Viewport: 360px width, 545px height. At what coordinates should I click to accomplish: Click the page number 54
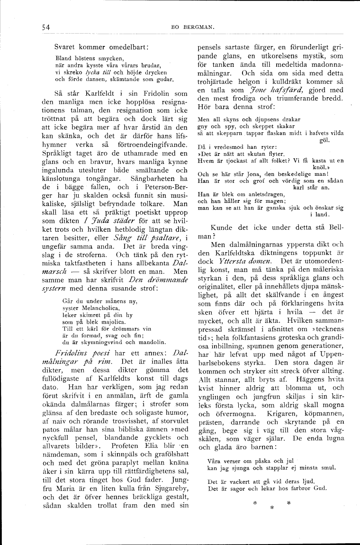tap(46, 27)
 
